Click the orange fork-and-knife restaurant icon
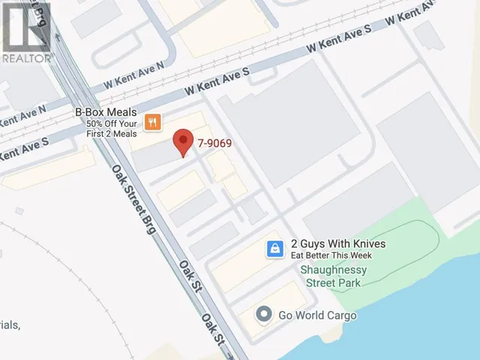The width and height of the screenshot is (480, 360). pyautogui.click(x=153, y=122)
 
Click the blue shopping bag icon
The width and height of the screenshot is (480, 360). pyautogui.click(x=275, y=247)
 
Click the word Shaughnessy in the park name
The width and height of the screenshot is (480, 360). pyautogui.click(x=331, y=270)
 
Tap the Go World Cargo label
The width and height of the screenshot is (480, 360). pyautogui.click(x=316, y=315)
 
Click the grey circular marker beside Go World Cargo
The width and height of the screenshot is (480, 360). pyautogui.click(x=263, y=314)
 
